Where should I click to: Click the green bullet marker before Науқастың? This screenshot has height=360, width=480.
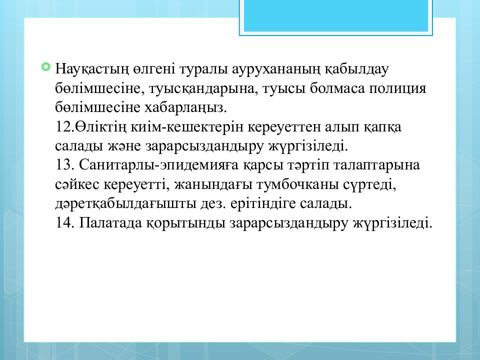tap(46, 66)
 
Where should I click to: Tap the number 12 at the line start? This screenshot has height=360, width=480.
tap(64, 126)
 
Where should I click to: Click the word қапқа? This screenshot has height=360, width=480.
tap(379, 126)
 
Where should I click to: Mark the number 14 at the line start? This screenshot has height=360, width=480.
tap(64, 223)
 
